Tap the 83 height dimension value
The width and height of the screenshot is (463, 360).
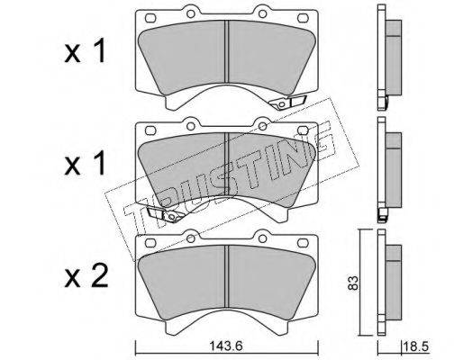pos(353,283)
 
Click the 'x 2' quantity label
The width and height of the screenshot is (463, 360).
pos(86,277)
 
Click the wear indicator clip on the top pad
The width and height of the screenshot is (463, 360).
pos(287,103)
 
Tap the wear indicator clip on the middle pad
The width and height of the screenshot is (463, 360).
pos(165,214)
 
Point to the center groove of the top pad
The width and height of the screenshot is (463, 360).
pos(227,51)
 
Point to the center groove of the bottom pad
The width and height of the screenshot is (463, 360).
pos(227,276)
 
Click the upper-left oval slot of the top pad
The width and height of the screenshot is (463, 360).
pos(150,18)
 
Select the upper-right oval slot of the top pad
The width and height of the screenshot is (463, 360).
pos(303,18)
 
